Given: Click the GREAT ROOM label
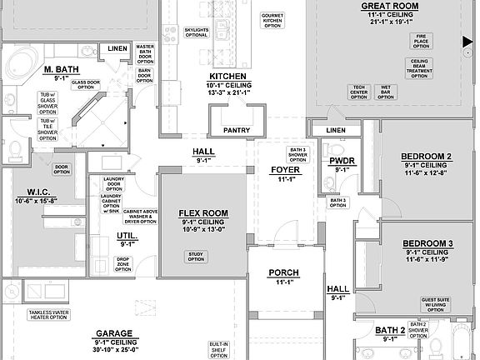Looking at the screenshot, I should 383,4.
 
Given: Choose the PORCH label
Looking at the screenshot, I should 283,272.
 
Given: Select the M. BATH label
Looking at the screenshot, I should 61,69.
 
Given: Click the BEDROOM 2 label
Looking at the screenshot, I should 426,157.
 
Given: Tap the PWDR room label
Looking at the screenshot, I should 343,160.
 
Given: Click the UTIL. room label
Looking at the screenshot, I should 127,237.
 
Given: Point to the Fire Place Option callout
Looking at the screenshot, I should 421,41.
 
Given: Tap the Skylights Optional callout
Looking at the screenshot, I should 197,32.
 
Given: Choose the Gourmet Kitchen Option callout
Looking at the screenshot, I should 272,20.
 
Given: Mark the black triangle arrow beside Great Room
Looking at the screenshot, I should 467,41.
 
